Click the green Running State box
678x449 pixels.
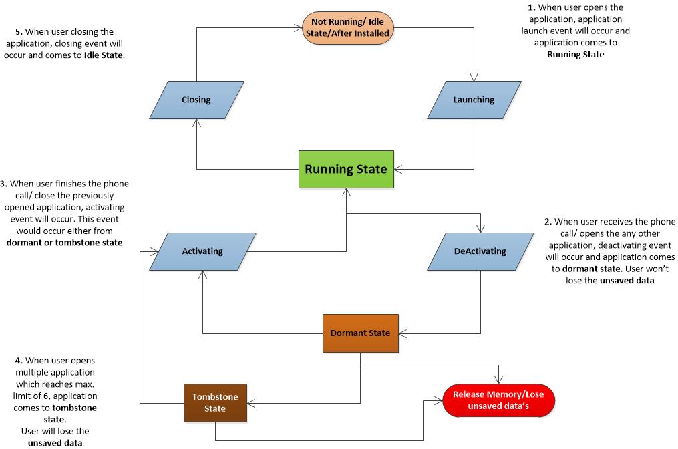pos(346,169)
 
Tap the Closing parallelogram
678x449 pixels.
pos(196,100)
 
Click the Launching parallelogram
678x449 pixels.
pos(474,100)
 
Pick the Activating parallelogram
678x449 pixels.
pos(202,251)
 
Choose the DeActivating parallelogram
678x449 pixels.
pos(480,251)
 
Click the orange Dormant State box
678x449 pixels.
pos(360,333)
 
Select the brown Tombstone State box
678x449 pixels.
pos(215,403)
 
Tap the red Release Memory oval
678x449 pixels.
pos(498,400)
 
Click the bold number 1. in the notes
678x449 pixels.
pos(532,7)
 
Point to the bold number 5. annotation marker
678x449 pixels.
pos(18,31)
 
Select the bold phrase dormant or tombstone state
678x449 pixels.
pos(64,243)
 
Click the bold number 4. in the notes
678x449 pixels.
pos(19,360)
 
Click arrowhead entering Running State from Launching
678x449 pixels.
pos(399,169)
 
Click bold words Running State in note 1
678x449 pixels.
pos(575,55)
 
